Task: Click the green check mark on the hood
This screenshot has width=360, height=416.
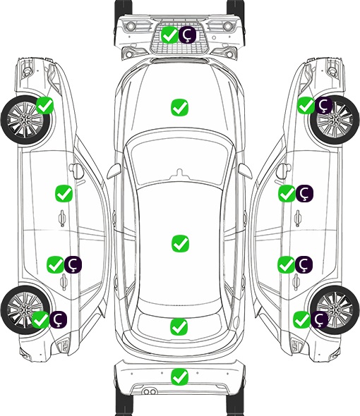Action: point(179,107)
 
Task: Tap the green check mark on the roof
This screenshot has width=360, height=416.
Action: point(180,243)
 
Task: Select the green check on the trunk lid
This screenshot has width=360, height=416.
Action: point(179,326)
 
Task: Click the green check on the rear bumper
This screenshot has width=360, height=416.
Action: point(179,377)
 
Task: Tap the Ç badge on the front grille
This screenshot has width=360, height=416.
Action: point(187,35)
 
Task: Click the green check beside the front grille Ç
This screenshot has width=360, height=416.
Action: point(169,35)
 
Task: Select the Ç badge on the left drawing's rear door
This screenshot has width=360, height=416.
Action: point(73,264)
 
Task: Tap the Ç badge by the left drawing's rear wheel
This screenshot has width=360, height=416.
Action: point(58,319)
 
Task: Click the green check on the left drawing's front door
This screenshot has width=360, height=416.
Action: point(64,193)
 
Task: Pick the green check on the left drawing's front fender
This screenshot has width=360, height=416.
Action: point(44,105)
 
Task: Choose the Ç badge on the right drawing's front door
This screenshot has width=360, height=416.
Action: point(304,193)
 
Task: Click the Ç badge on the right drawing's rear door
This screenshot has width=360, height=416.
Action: point(304,264)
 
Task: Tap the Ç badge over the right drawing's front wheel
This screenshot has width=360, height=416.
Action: point(323,105)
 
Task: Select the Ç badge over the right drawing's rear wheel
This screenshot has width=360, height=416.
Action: point(319,319)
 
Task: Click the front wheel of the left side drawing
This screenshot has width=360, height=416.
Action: point(25,120)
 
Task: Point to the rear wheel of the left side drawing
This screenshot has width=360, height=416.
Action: point(25,310)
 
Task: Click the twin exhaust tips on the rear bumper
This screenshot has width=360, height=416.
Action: point(150,392)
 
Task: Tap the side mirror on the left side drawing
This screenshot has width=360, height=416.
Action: point(76,171)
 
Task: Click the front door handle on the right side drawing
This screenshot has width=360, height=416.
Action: point(298,218)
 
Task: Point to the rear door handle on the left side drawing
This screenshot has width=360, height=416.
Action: point(64,282)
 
